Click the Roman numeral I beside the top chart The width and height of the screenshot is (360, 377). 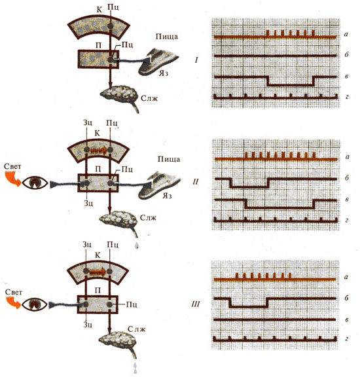tap(196, 60)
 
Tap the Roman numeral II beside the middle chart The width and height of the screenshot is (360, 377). tap(196, 181)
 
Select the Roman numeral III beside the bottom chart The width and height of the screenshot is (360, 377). tap(196, 304)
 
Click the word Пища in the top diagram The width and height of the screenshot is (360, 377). tap(167, 37)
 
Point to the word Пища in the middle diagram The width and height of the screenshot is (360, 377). tap(169, 160)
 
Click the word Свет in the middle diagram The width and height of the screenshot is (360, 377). tap(12, 166)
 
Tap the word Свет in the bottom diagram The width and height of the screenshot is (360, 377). tap(14, 292)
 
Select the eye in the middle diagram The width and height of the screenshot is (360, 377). tap(35, 183)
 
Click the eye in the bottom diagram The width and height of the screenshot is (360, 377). tap(35, 304)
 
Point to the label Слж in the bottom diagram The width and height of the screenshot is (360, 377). tap(136, 329)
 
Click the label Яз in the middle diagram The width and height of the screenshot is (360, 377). tap(167, 196)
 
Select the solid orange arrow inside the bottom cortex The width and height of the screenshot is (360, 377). tap(98, 272)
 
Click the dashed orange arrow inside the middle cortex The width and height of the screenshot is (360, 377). tap(99, 151)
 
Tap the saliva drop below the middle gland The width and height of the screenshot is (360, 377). tap(137, 245)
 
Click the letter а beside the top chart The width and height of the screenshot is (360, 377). tap(346, 35)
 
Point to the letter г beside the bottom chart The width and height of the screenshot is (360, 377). tap(346, 339)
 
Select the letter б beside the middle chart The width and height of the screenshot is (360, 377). tap(346, 178)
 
